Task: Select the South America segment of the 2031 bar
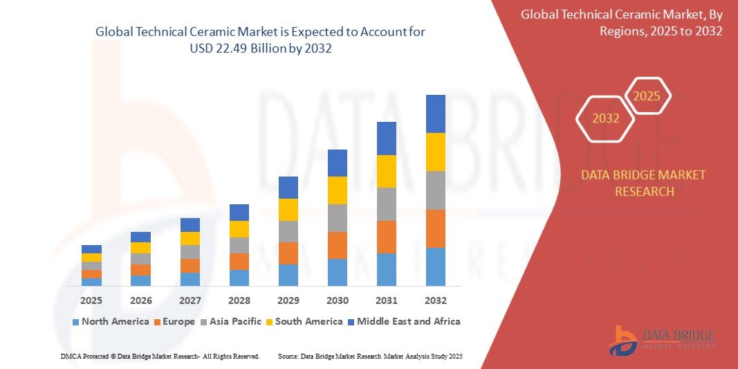click(386, 171)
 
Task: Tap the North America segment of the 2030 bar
click(337, 272)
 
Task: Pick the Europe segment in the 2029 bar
click(288, 253)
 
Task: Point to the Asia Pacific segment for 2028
click(239, 245)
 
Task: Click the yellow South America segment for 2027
click(190, 238)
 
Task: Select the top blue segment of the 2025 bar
click(91, 249)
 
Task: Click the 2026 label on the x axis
click(140, 300)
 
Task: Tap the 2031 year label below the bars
click(386, 300)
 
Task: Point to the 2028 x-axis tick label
click(239, 300)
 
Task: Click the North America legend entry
click(111, 321)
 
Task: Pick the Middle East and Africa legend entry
click(405, 321)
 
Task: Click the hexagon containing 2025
click(647, 96)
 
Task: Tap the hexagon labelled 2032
click(605, 118)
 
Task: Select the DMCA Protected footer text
click(160, 356)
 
